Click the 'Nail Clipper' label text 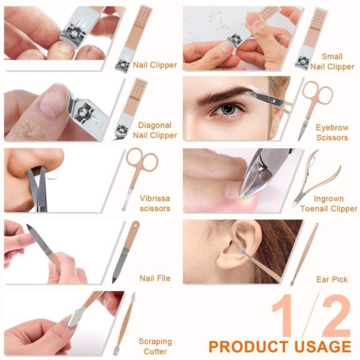pyautogui.click(x=155, y=65)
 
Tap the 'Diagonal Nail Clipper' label pyautogui.click(x=155, y=130)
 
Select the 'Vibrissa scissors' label pyautogui.click(x=155, y=203)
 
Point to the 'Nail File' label pyautogui.click(x=155, y=278)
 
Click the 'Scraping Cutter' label pyautogui.click(x=155, y=346)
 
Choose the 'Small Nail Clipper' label pyautogui.click(x=332, y=62)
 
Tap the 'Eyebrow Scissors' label pyautogui.click(x=332, y=133)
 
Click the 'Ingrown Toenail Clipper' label pyautogui.click(x=329, y=203)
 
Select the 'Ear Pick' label pyautogui.click(x=332, y=280)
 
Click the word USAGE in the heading pyautogui.click(x=323, y=346)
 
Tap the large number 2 pyautogui.click(x=336, y=316)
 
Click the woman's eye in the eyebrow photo pyautogui.click(x=227, y=109)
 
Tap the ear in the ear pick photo pyautogui.click(x=239, y=245)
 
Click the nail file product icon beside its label pyautogui.click(x=126, y=252)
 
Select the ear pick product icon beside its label pyautogui.click(x=304, y=254)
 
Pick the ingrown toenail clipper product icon pyautogui.click(x=316, y=179)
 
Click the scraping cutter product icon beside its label pyautogui.click(x=125, y=324)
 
